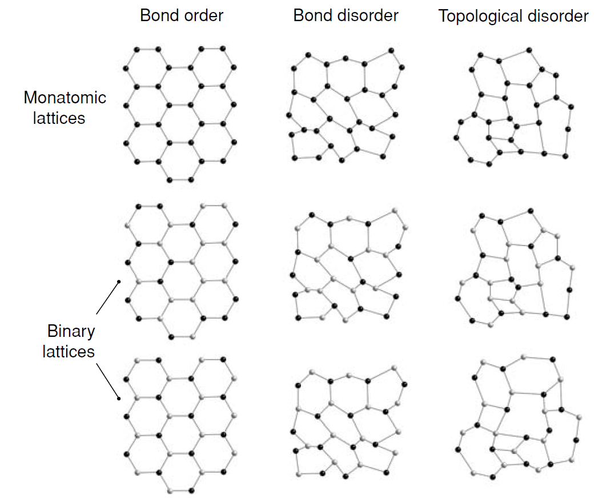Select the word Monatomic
click(x=65, y=98)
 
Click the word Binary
click(x=71, y=331)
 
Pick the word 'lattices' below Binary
click(x=69, y=351)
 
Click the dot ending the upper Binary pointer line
click(x=119, y=281)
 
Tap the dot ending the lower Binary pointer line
click(x=119, y=399)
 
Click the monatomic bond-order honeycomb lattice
click(x=179, y=114)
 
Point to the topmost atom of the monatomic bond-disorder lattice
click(x=391, y=50)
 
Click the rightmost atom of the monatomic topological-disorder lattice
click(x=572, y=106)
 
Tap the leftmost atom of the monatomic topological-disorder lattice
click(x=455, y=137)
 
